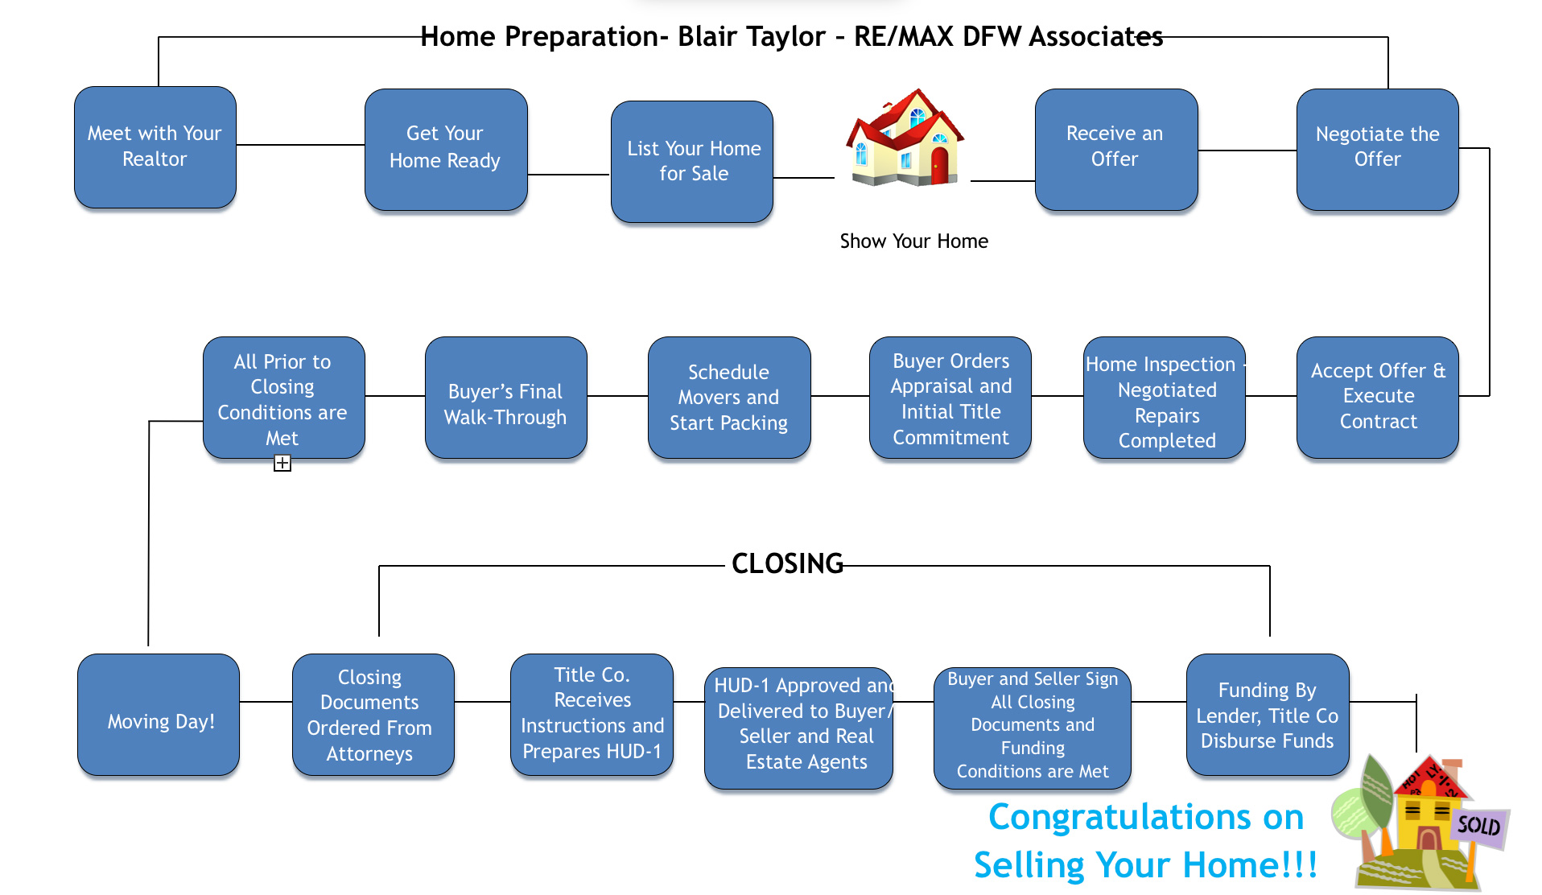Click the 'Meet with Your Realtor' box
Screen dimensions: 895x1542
pyautogui.click(x=155, y=146)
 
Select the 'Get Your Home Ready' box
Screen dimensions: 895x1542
pyautogui.click(x=445, y=149)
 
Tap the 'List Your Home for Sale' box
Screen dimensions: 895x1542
pyautogui.click(x=692, y=161)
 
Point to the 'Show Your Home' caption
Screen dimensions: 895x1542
pyautogui.click(x=913, y=241)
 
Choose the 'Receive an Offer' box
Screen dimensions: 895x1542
pyautogui.click(x=1115, y=149)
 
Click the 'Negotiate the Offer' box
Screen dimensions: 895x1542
pyautogui.click(x=1377, y=149)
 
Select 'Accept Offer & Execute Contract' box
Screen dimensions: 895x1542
pyautogui.click(x=1377, y=397)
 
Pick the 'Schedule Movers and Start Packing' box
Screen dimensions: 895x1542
pyautogui.click(x=728, y=397)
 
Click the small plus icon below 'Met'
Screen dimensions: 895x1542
pyautogui.click(x=282, y=463)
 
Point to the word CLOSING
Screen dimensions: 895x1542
pyautogui.click(x=787, y=563)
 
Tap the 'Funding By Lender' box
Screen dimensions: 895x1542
pyautogui.click(x=1267, y=715)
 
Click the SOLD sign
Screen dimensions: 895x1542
pyautogui.click(x=1478, y=825)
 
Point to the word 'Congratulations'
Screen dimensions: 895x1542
pyautogui.click(x=1145, y=817)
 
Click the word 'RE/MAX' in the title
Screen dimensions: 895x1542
pyautogui.click(x=903, y=37)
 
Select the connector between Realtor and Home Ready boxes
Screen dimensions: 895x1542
pyautogui.click(x=300, y=145)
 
